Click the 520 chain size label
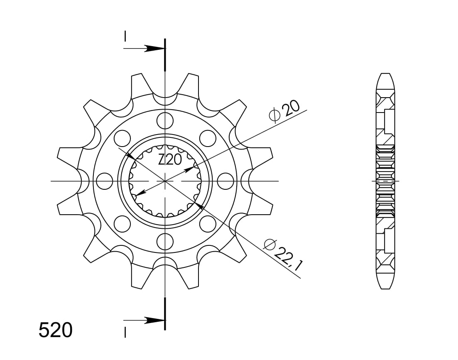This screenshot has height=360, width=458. [56, 330]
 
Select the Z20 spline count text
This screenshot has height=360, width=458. [170, 160]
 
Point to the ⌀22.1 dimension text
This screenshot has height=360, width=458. [283, 254]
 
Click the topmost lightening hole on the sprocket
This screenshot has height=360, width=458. [165, 120]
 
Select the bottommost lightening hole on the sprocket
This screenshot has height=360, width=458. [165, 242]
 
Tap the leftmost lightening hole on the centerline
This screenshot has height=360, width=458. [104, 181]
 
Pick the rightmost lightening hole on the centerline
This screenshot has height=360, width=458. [226, 181]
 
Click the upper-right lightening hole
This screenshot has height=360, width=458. [208, 138]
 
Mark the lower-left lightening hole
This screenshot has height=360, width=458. [122, 224]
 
